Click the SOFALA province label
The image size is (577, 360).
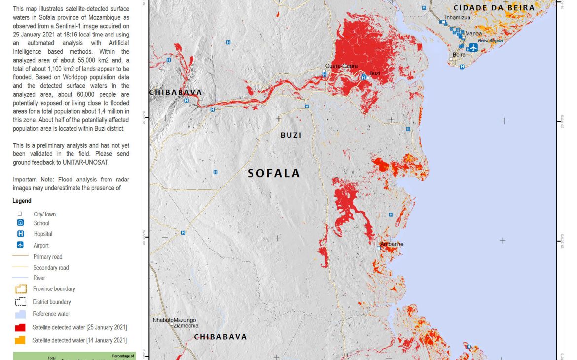pyautogui.click(x=274, y=173)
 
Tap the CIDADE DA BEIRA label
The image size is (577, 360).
pyautogui.click(x=494, y=8)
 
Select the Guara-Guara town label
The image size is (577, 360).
pyautogui.click(x=341, y=66)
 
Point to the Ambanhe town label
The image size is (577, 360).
pyautogui.click(x=392, y=244)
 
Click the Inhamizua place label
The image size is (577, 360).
pyautogui.click(x=458, y=17)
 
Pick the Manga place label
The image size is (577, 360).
pyautogui.click(x=473, y=34)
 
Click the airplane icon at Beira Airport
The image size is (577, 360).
pyautogui.click(x=473, y=47)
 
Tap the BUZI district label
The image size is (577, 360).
pyautogui.click(x=291, y=135)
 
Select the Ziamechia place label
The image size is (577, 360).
pyautogui.click(x=185, y=326)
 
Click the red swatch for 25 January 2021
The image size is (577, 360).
pyautogui.click(x=20, y=327)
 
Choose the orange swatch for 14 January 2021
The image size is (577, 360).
pyautogui.click(x=20, y=340)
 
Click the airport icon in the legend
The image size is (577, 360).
pyautogui.click(x=20, y=245)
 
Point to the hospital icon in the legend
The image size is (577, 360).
pyautogui.click(x=20, y=234)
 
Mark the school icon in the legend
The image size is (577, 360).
pyautogui.click(x=20, y=223)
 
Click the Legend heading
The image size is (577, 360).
pyautogui.click(x=22, y=201)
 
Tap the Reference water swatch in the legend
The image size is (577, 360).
pyautogui.click(x=20, y=314)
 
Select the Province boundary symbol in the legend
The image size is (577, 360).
pyautogui.click(x=21, y=289)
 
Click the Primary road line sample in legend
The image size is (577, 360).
pyautogui.click(x=21, y=256)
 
